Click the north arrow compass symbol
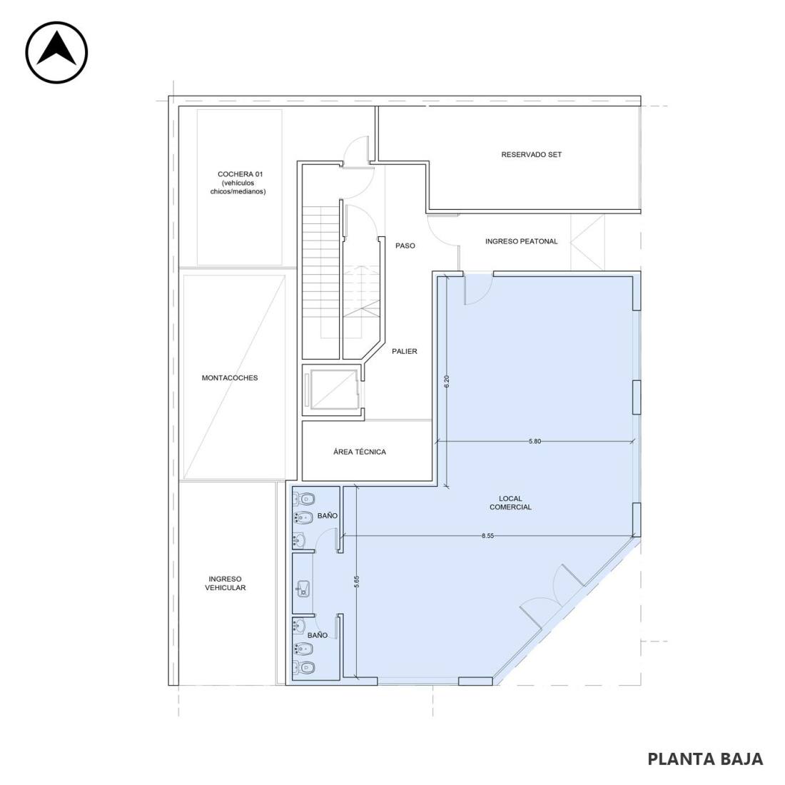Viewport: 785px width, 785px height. coord(56,52)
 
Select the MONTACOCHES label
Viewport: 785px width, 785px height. coord(230,378)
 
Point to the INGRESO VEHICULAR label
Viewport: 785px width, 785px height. coord(226,583)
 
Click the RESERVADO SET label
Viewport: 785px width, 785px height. coord(532,155)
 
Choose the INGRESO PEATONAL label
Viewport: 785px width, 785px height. coord(521,241)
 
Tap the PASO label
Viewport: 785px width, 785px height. coord(405,245)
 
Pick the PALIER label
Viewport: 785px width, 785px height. coord(405,351)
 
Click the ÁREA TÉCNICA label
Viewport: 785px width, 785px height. coord(360,452)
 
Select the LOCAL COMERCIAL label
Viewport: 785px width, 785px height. coord(511,502)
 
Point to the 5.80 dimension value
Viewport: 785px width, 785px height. coord(535,442)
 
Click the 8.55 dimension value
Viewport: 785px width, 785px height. coord(487,536)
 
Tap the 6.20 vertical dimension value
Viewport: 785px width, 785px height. coord(447,382)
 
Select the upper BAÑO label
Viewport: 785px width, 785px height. coord(328,516)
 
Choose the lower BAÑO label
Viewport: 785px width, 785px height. coord(318,635)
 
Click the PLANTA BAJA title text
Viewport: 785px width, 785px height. coord(705,759)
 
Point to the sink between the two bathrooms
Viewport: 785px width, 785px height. coord(303,589)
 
